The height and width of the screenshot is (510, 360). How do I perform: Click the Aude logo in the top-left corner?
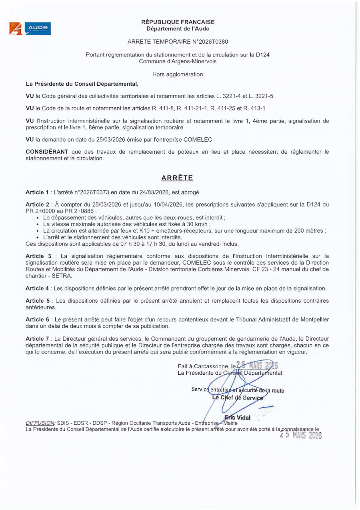(x=30, y=28)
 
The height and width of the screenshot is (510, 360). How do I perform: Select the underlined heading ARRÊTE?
(x=177, y=178)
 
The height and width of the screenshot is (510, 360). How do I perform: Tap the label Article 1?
(x=37, y=192)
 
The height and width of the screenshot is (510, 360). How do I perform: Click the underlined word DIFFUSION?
(x=40, y=423)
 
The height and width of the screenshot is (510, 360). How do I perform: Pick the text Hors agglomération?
(x=178, y=74)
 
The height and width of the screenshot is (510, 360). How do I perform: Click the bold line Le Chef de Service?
(x=238, y=398)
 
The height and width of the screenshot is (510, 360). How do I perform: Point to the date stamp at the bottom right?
(x=300, y=435)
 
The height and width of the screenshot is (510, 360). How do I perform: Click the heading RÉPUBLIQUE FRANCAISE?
(x=178, y=22)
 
